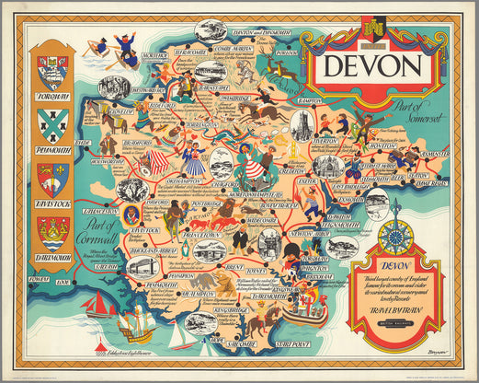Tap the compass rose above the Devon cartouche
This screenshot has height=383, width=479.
tap(398, 237)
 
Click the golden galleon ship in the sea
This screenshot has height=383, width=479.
tap(134, 323)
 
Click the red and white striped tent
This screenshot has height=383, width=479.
tap(158, 162)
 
